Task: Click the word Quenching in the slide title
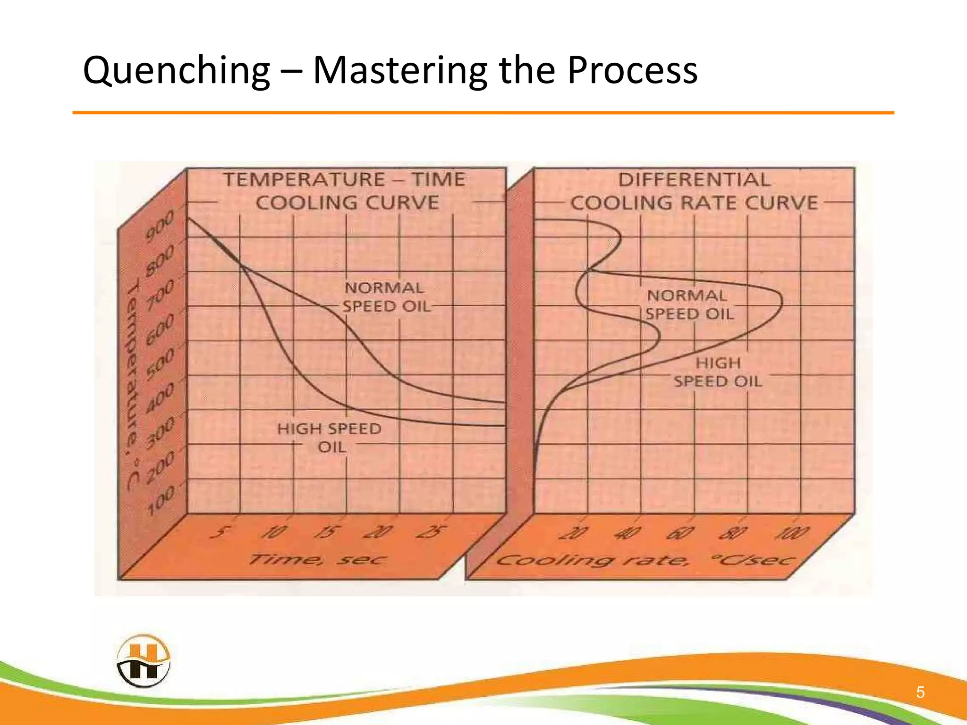(x=176, y=71)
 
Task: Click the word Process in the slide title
(x=632, y=71)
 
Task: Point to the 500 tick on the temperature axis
(x=160, y=363)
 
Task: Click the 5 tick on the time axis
(x=220, y=532)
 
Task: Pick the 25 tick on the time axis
(x=431, y=532)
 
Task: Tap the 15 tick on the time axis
(x=326, y=532)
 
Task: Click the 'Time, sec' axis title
(x=317, y=560)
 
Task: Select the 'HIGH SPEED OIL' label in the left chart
(x=330, y=438)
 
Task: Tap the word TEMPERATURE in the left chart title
(x=305, y=180)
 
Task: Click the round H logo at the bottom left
(x=143, y=661)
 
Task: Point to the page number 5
(x=920, y=692)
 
